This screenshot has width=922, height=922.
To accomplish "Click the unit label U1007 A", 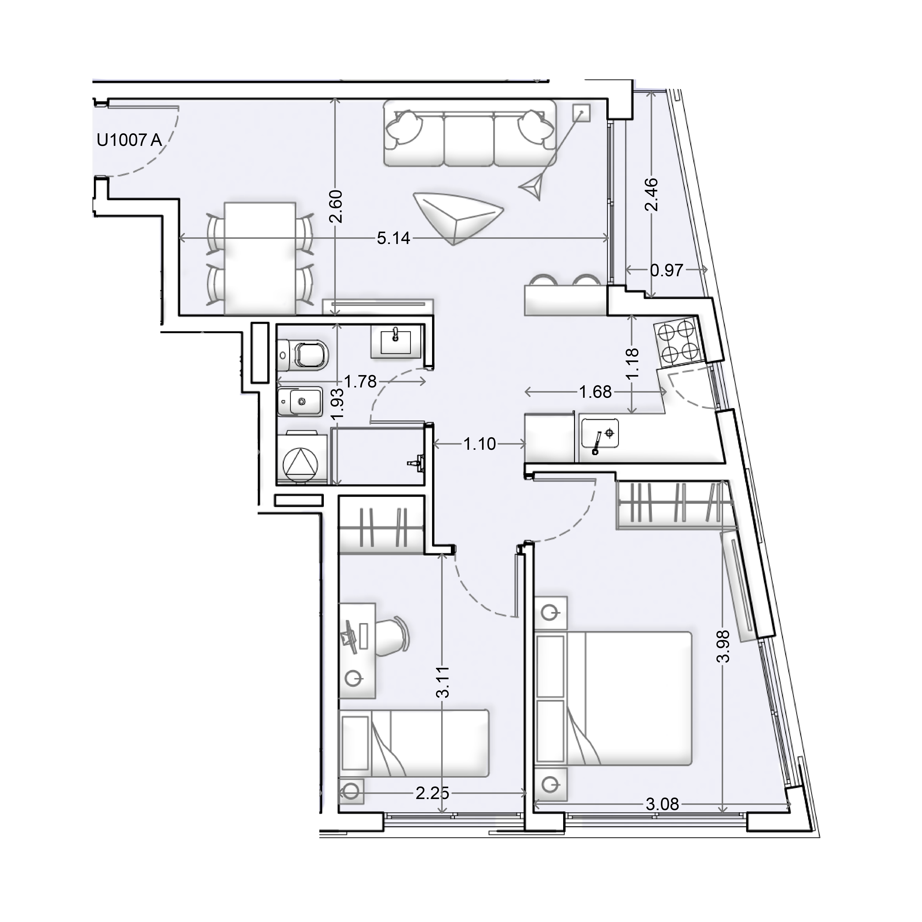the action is pyautogui.click(x=129, y=140).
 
